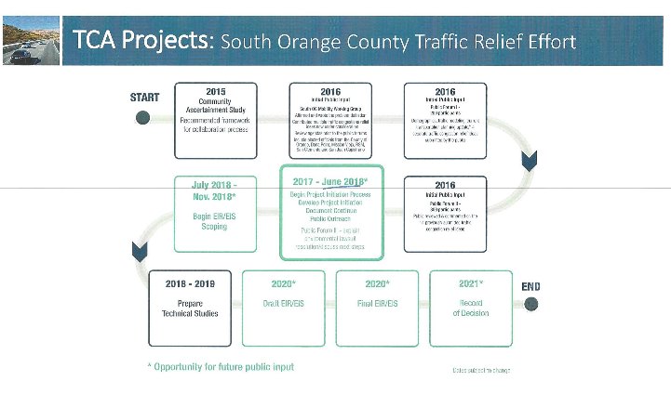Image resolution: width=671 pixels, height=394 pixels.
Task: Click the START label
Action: pyautogui.click(x=144, y=96)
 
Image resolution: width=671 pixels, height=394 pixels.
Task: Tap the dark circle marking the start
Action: pyautogui.click(x=142, y=118)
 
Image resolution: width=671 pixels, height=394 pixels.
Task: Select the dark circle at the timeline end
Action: pyautogui.click(x=530, y=305)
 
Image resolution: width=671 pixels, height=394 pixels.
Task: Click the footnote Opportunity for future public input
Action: pyautogui.click(x=221, y=367)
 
